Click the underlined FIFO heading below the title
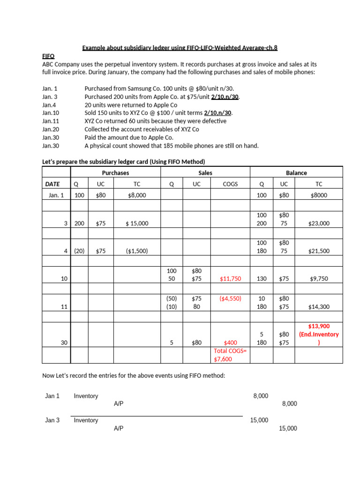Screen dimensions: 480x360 (x=48, y=55)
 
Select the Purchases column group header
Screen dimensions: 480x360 (x=115, y=173)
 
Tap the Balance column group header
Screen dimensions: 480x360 (x=296, y=173)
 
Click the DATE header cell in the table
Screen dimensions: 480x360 (x=56, y=184)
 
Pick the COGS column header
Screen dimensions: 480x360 (x=230, y=184)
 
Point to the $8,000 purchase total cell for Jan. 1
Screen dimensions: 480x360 (x=137, y=195)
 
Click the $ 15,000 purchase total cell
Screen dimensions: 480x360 (x=137, y=224)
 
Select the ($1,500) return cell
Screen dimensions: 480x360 (x=137, y=251)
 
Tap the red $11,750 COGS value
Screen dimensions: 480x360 (x=230, y=279)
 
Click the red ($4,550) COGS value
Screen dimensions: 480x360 (x=230, y=298)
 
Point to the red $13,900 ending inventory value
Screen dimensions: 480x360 (x=319, y=326)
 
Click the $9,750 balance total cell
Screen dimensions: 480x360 (x=319, y=279)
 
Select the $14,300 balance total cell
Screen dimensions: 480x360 (x=319, y=307)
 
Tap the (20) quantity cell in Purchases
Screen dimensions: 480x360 (x=80, y=251)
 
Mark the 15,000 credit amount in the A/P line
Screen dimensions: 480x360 (x=288, y=428)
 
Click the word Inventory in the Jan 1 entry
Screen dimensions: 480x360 (x=86, y=396)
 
